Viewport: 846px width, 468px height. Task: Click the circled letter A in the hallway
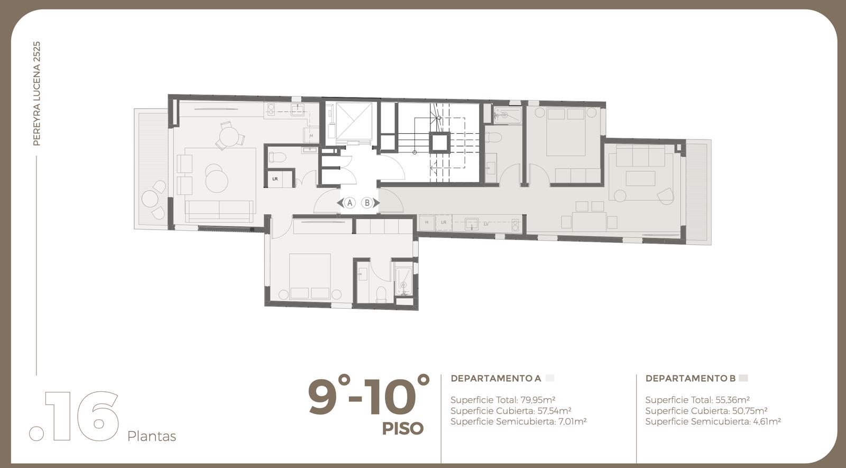point(350,203)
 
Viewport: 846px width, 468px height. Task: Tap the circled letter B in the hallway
point(367,203)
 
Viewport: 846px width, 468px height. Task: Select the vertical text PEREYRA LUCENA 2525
point(36,94)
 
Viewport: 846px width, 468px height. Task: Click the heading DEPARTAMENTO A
point(496,378)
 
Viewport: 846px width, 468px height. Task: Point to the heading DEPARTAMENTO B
point(691,378)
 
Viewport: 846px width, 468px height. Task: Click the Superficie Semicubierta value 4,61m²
point(767,421)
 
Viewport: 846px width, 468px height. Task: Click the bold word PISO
point(402,429)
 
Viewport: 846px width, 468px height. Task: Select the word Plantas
point(151,436)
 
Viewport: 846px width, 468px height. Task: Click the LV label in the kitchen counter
point(486,224)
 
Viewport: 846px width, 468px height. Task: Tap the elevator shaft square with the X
point(354,121)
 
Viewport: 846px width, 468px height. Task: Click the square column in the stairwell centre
point(439,143)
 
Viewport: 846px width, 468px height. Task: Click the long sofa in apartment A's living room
point(219,211)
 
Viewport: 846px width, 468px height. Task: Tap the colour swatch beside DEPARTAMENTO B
point(743,378)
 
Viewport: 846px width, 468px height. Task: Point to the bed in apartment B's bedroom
point(566,132)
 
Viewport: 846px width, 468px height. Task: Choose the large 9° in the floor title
point(328,394)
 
